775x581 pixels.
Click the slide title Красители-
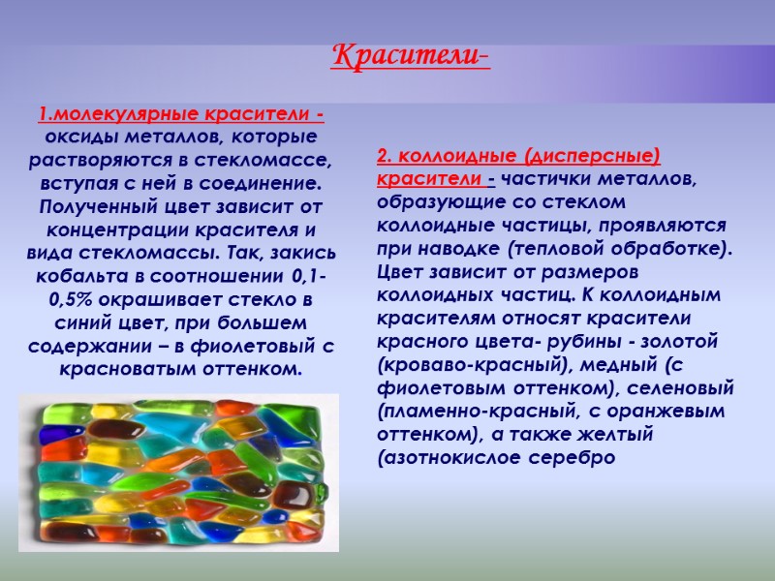point(411,56)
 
